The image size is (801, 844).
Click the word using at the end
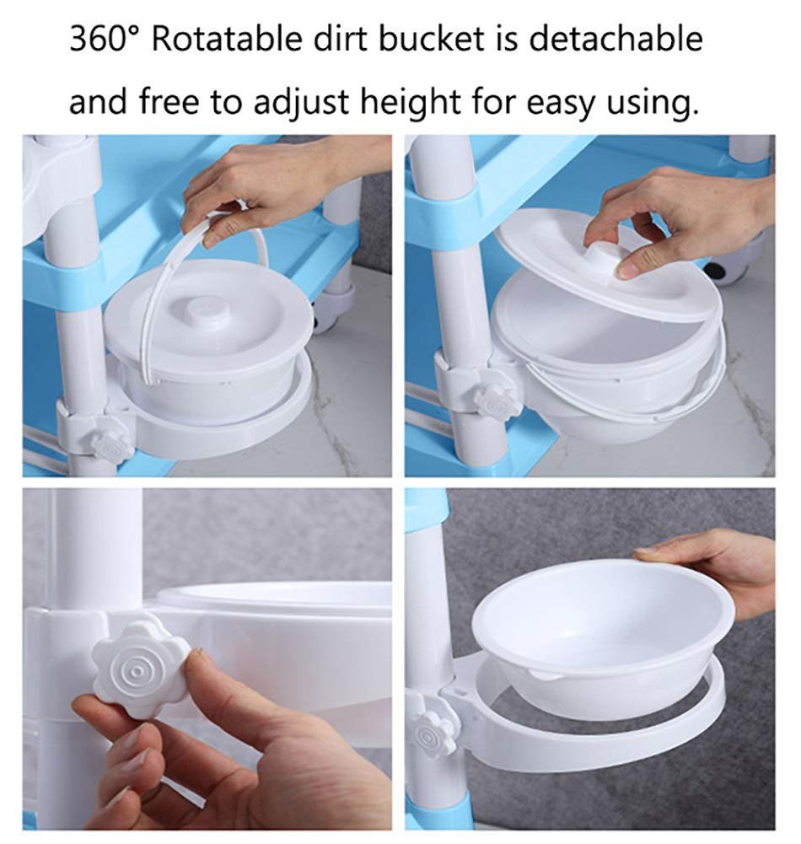point(653,102)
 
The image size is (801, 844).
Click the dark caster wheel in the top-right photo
point(724,267)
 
